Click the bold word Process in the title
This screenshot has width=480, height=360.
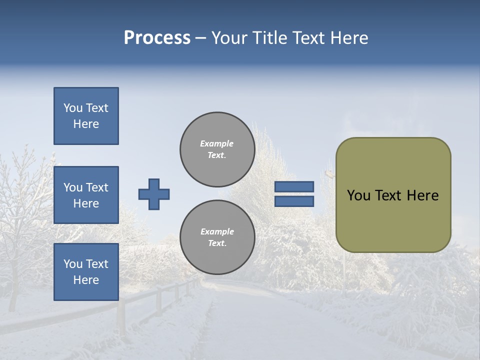pos(157,38)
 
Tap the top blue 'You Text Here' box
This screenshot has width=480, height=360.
pos(86,116)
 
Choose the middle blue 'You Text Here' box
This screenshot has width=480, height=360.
pos(86,195)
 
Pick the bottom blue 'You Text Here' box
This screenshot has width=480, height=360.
pos(86,272)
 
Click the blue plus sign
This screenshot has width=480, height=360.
pos(154,194)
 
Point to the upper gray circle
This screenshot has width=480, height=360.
pos(217,149)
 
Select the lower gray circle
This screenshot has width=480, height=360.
pos(217,237)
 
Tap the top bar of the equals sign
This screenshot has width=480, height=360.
pos(294,187)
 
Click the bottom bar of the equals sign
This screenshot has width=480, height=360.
pos(294,201)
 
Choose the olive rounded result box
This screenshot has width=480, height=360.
pos(393,195)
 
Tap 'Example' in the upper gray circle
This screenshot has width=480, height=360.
pos(217,143)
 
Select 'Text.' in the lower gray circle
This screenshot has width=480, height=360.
pos(217,243)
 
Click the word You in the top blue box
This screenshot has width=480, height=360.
pos(73,108)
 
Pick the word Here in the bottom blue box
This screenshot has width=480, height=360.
pos(86,280)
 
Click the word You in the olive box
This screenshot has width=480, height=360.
pos(358,195)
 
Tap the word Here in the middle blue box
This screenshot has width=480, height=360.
pos(86,203)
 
